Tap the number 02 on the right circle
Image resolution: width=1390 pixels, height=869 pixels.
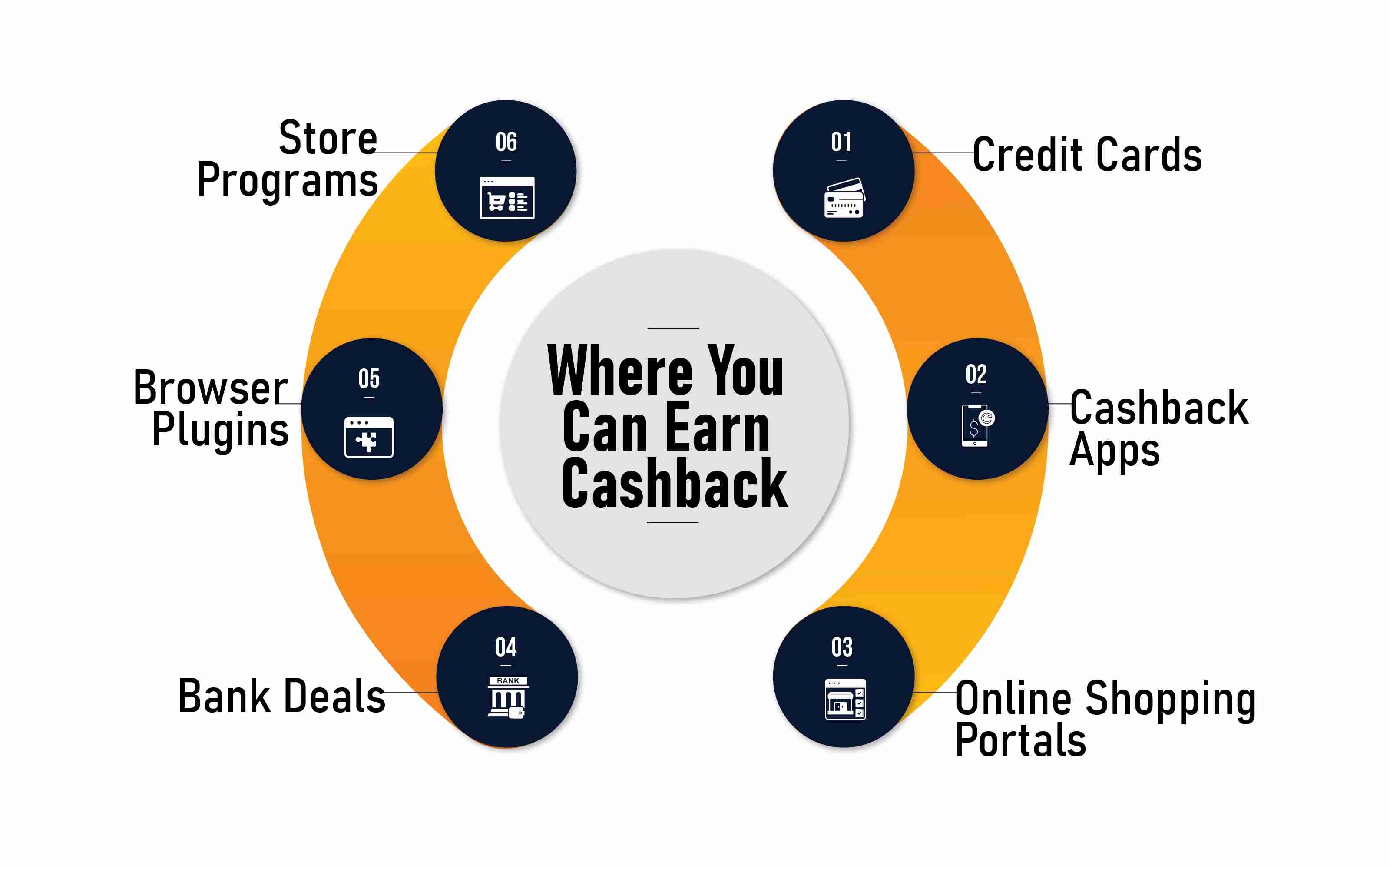tap(976, 375)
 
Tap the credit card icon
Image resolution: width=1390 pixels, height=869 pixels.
tap(844, 198)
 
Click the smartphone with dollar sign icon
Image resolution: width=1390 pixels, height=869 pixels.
tap(978, 425)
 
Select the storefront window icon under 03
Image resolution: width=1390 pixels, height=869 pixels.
tap(845, 699)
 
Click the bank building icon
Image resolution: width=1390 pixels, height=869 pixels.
tap(508, 697)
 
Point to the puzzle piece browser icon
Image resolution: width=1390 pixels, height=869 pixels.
tap(369, 438)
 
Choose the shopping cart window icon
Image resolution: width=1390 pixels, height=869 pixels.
tap(507, 198)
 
